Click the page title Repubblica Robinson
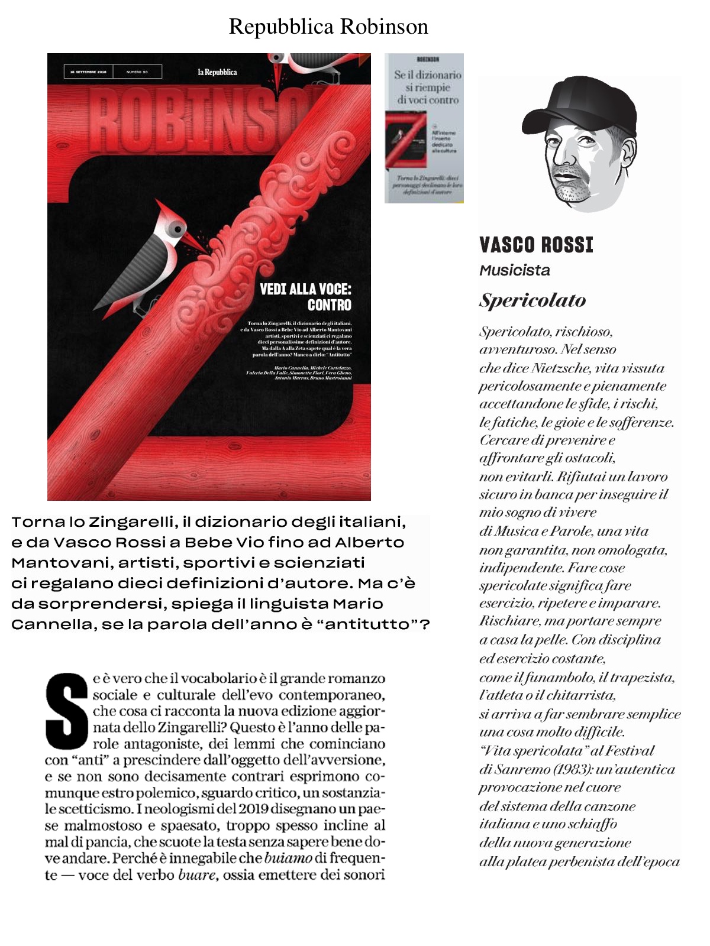328,27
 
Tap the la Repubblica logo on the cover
217,72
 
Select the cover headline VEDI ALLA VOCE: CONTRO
306,297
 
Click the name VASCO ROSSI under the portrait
536,245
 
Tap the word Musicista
515,271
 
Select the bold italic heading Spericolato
532,300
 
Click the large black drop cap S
67,710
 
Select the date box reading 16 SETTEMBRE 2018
88,72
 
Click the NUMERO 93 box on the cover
137,72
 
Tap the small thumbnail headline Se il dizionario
427,75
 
